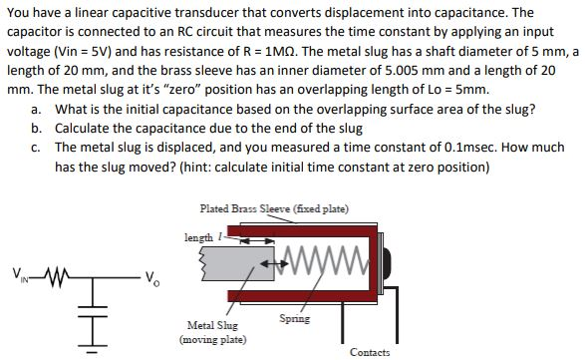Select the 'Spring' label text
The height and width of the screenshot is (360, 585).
pyautogui.click(x=296, y=319)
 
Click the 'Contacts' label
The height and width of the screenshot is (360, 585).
pyautogui.click(x=370, y=352)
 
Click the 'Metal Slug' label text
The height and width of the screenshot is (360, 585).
pyautogui.click(x=211, y=325)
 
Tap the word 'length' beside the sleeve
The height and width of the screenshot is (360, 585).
pyautogui.click(x=198, y=236)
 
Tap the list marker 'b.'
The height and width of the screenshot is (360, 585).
pyautogui.click(x=37, y=128)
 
